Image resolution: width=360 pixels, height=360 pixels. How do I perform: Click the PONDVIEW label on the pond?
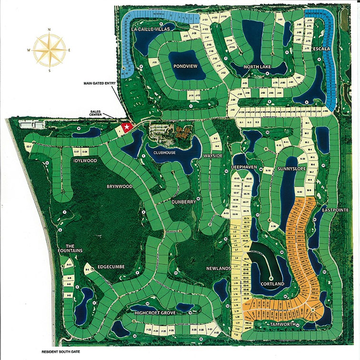[185, 67]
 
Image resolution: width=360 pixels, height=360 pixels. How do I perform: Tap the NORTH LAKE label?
[257, 67]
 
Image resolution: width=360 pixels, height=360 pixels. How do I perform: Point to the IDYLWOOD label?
[86, 161]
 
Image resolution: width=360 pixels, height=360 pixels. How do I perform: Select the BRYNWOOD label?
[119, 187]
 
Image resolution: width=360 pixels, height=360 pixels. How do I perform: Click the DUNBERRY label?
[184, 202]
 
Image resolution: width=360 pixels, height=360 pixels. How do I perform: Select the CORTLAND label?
[272, 284]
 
